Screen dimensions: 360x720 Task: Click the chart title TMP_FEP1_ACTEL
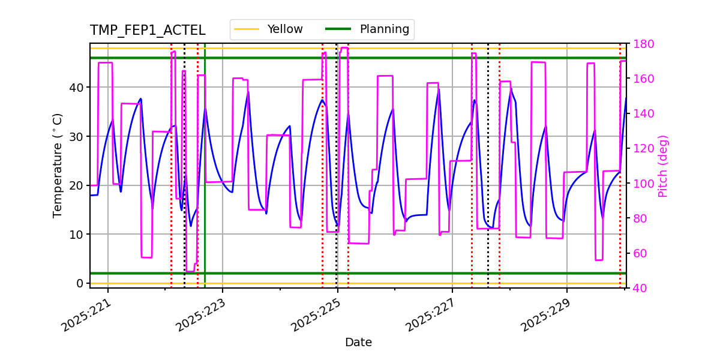[x=148, y=31]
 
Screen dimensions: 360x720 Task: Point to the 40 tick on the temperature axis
[x=77, y=88]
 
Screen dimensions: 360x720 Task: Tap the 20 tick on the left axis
[x=77, y=185]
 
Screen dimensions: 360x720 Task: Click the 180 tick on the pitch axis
[x=640, y=44]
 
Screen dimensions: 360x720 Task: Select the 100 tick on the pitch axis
[x=640, y=184]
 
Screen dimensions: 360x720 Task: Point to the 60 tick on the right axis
[x=638, y=253]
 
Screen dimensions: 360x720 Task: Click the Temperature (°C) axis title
[x=58, y=166]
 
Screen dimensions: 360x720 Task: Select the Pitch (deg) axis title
[x=663, y=166]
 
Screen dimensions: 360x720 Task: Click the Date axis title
[x=358, y=343]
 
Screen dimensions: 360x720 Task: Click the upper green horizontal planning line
[x=420, y=58]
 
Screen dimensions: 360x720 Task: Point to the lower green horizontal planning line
[x=420, y=273]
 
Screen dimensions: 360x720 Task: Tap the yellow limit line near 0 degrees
[x=420, y=283]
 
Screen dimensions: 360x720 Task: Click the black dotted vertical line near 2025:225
[x=337, y=150]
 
